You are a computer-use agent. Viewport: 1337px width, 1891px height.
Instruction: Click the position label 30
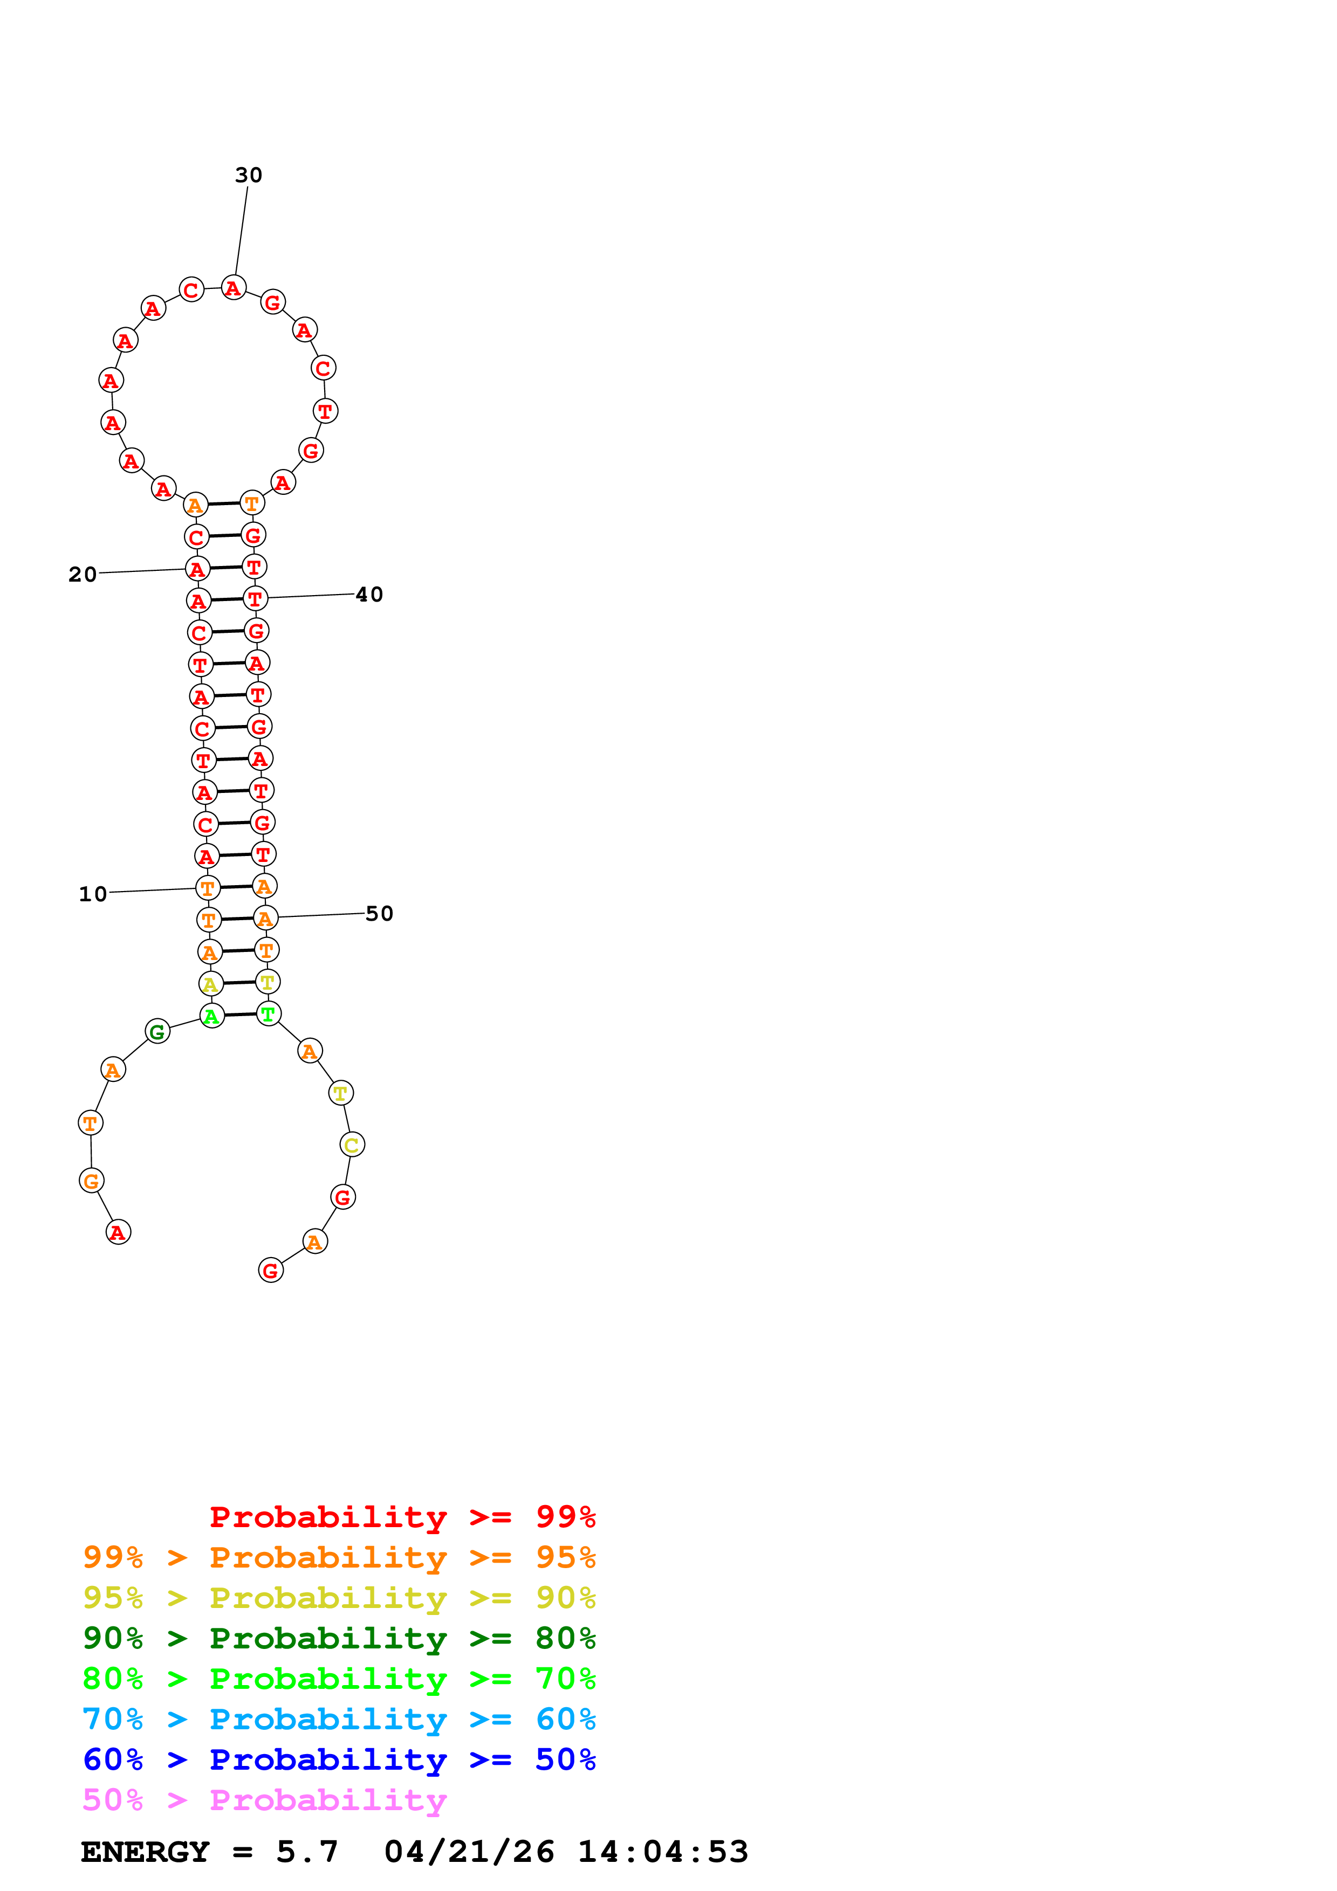point(248,175)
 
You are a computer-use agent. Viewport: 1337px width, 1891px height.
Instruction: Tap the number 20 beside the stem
point(83,574)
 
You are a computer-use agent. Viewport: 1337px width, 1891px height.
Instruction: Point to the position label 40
point(369,595)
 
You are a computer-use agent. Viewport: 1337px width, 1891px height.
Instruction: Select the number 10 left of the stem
point(93,894)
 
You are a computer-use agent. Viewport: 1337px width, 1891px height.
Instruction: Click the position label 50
point(379,913)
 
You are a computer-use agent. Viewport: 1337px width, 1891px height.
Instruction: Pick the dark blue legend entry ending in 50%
point(339,1759)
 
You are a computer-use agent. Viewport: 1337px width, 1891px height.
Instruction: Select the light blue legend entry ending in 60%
point(339,1719)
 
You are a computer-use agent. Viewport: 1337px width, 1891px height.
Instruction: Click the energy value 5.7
point(306,1852)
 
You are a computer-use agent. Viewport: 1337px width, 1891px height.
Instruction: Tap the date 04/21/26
point(469,1852)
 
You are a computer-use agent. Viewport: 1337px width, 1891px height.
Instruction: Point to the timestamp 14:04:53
point(662,1852)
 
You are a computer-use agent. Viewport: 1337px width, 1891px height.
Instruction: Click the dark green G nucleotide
point(157,1031)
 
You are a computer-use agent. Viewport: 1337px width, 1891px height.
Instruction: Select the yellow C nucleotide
point(352,1145)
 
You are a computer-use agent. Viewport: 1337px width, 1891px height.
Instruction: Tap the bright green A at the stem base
point(212,1016)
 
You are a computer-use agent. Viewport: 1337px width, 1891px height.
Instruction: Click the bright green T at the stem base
point(268,1014)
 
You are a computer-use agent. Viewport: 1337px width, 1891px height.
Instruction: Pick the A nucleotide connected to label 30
point(233,288)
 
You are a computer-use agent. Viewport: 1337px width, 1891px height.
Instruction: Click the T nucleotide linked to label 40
point(255,599)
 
